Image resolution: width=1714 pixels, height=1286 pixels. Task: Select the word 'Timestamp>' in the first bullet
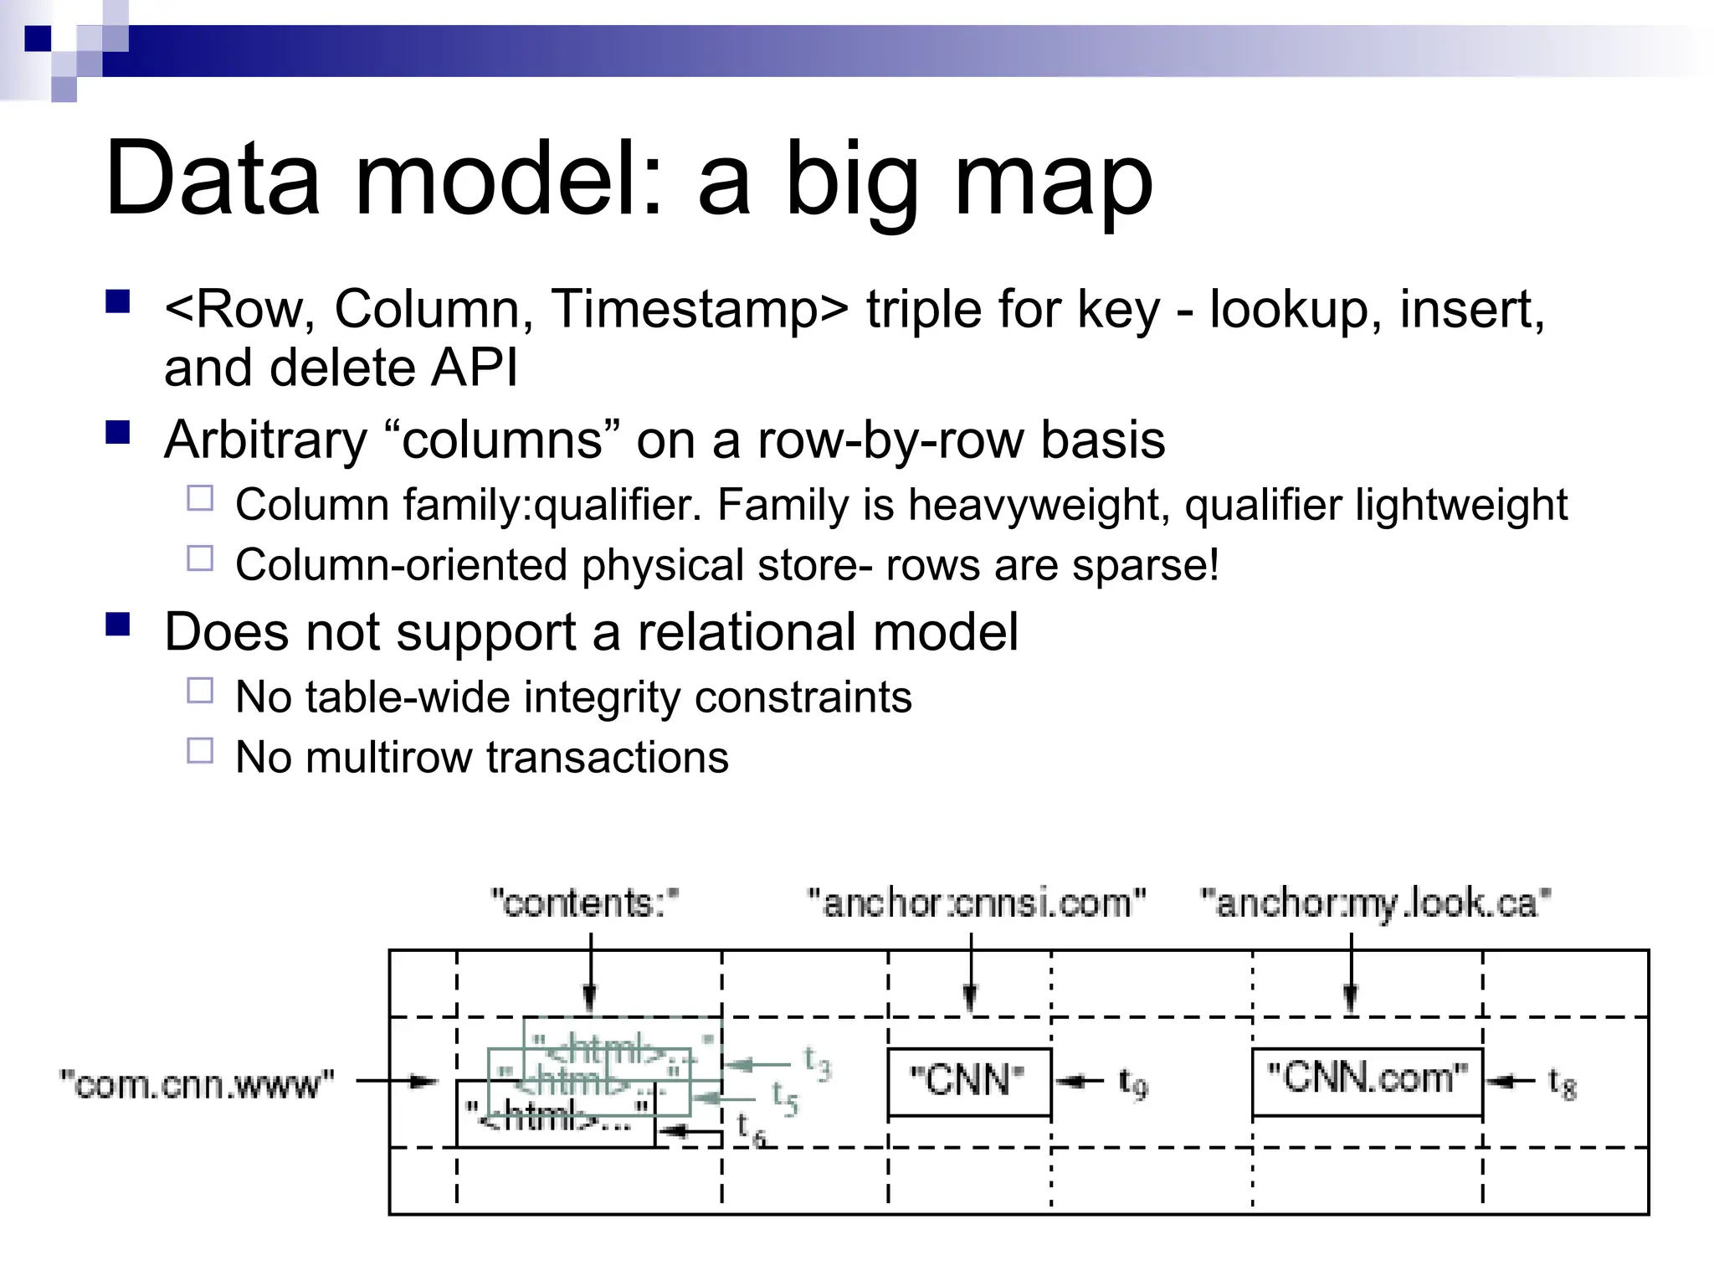[x=699, y=309]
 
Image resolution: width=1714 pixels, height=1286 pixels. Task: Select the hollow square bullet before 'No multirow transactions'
[x=200, y=750]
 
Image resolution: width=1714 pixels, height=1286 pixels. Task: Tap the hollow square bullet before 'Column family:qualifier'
[x=200, y=499]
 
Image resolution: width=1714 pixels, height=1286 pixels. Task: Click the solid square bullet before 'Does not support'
[x=118, y=625]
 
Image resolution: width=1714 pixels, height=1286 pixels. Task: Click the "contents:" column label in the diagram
[x=583, y=903]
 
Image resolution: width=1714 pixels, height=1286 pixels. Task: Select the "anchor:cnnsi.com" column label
[x=976, y=903]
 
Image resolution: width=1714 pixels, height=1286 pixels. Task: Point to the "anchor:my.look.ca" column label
[x=1375, y=903]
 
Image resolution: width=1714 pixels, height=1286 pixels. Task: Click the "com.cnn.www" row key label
[x=198, y=1084]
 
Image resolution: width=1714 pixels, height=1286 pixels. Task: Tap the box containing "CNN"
[x=969, y=1081]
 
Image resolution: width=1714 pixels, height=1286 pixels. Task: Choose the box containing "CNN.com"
[x=1367, y=1081]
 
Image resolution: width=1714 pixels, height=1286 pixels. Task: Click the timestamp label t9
[x=1134, y=1083]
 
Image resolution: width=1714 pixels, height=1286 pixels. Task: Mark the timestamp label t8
[x=1562, y=1083]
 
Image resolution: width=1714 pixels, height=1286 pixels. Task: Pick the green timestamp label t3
[x=818, y=1062]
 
